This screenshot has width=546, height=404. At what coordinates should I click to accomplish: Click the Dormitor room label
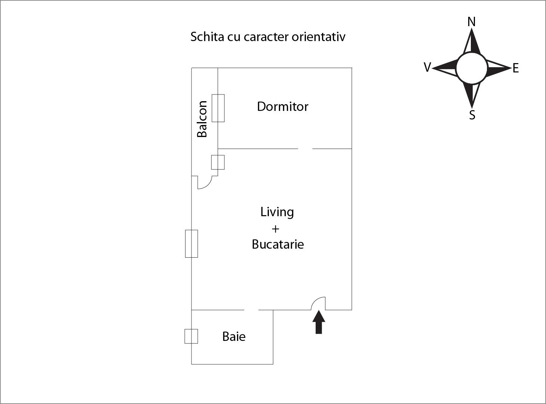(x=282, y=107)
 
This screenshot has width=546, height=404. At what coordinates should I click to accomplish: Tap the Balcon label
(x=202, y=119)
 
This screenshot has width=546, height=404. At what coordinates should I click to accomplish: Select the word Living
(x=277, y=212)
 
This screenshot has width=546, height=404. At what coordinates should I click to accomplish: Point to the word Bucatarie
(x=277, y=244)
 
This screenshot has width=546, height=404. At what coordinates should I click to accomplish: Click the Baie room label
(x=234, y=337)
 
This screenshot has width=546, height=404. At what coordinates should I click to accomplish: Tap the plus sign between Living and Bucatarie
(x=276, y=229)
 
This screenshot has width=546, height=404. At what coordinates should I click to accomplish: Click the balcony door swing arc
(x=206, y=183)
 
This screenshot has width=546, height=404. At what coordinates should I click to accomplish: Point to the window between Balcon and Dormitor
(x=218, y=108)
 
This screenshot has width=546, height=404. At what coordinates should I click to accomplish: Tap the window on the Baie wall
(x=191, y=336)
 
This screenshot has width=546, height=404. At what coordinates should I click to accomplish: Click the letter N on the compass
(x=472, y=22)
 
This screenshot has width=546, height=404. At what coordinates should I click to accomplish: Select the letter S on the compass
(x=472, y=115)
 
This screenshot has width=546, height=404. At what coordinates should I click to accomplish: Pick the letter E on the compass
(x=516, y=68)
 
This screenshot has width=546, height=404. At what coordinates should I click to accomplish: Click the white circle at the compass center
(x=472, y=68)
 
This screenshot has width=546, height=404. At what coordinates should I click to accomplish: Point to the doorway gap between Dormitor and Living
(x=305, y=149)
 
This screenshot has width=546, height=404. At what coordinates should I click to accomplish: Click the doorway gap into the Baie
(x=251, y=310)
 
